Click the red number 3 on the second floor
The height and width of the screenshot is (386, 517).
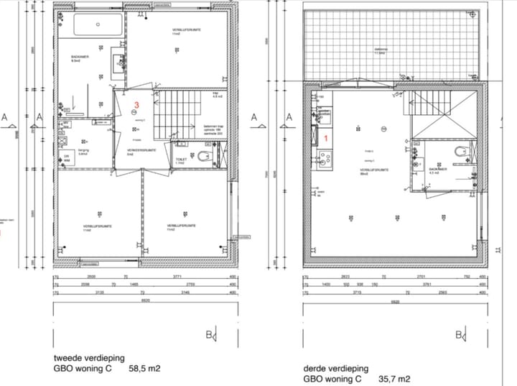pyautogui.click(x=135, y=106)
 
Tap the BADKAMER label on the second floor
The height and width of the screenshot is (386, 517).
pyautogui.click(x=79, y=57)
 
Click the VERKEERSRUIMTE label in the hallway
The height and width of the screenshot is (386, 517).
pyautogui.click(x=131, y=150)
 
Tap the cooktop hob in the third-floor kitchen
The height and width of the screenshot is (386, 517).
pyautogui.click(x=323, y=157)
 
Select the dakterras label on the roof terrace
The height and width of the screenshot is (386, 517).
pyautogui.click(x=381, y=50)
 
